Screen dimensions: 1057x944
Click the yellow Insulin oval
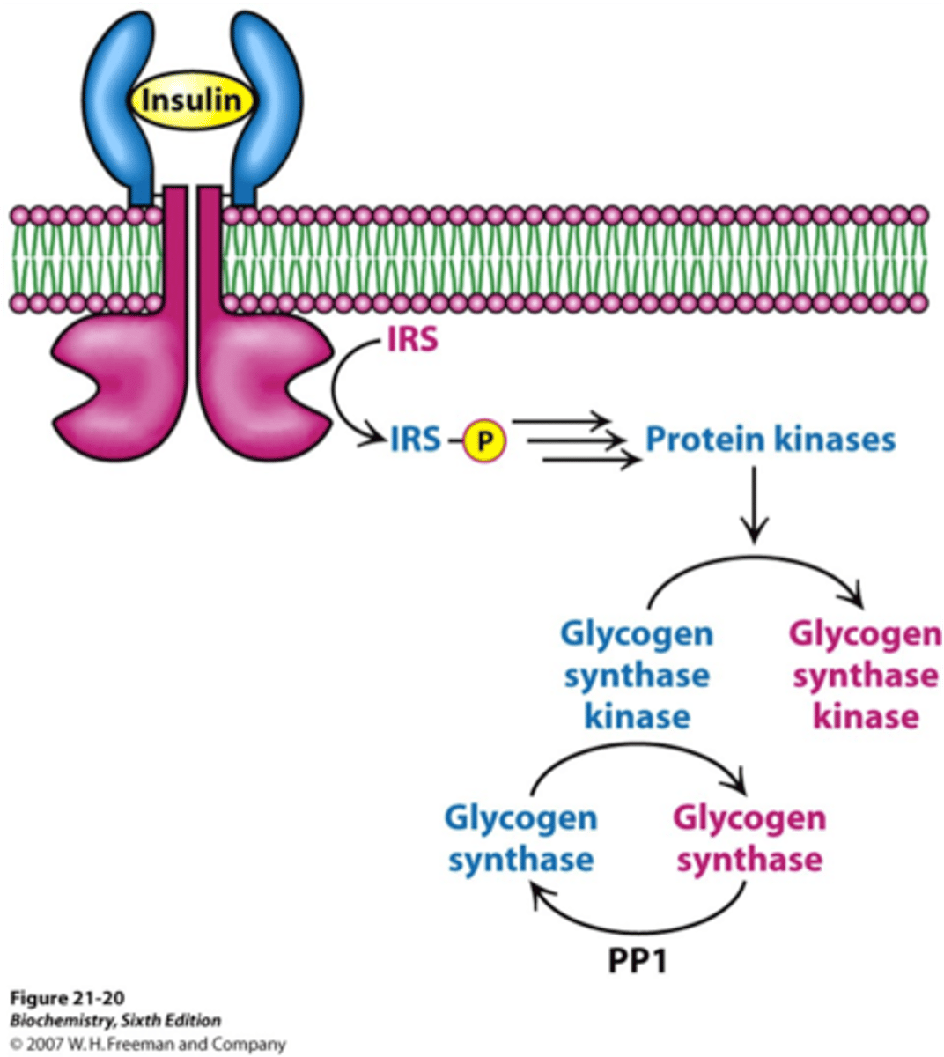pyautogui.click(x=192, y=100)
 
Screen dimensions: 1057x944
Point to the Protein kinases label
pyautogui.click(x=771, y=440)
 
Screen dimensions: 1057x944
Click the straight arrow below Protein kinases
pyautogui.click(x=754, y=506)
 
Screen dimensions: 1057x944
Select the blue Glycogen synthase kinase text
pyautogui.click(x=637, y=675)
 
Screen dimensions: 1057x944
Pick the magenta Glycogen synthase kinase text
pyautogui.click(x=866, y=675)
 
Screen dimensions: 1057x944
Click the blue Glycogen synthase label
pyautogui.click(x=520, y=838)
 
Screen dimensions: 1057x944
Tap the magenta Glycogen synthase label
pyautogui.click(x=749, y=838)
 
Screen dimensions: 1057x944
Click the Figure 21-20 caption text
pyautogui.click(x=67, y=998)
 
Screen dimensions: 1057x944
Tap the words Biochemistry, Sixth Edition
pyautogui.click(x=114, y=1021)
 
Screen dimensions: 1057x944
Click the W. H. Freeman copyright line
pyautogui.click(x=148, y=1044)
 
